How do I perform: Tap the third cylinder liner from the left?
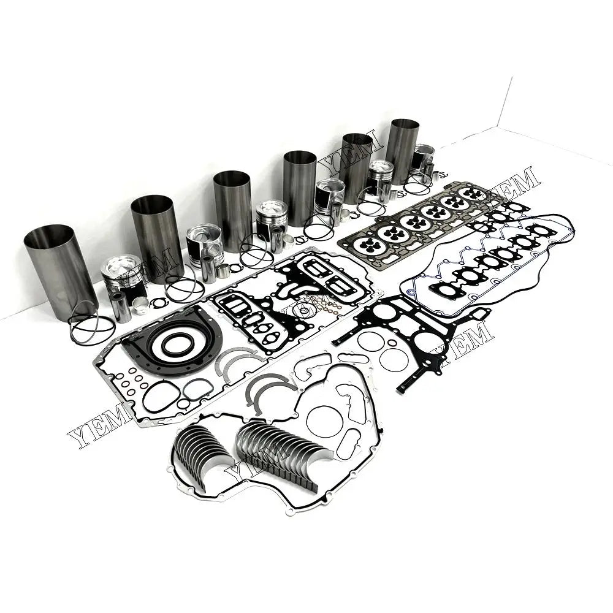click(x=232, y=208)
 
